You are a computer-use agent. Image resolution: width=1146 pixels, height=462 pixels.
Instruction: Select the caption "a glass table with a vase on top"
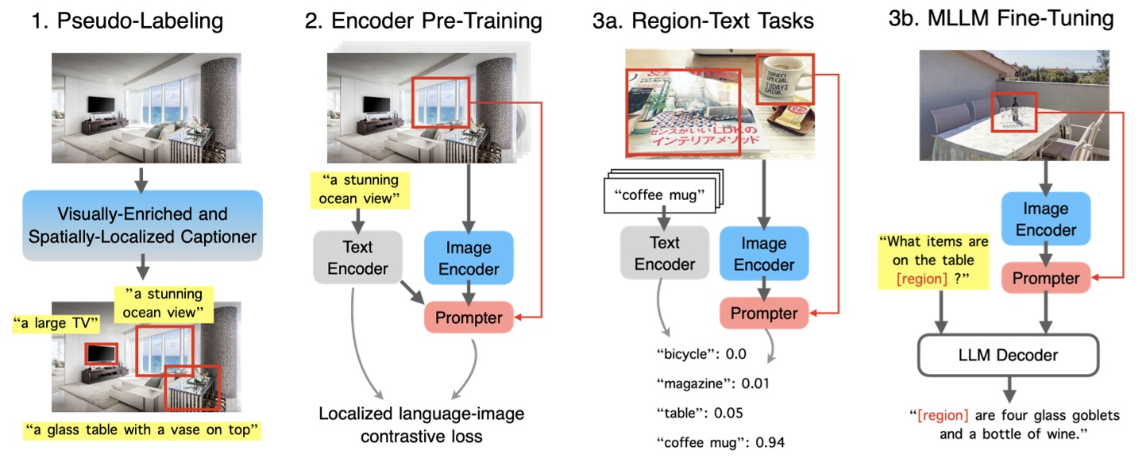142,431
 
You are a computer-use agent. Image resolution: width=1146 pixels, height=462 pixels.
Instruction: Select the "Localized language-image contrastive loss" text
422,425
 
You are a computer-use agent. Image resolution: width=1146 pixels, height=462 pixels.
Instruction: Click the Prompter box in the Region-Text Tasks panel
764,313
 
